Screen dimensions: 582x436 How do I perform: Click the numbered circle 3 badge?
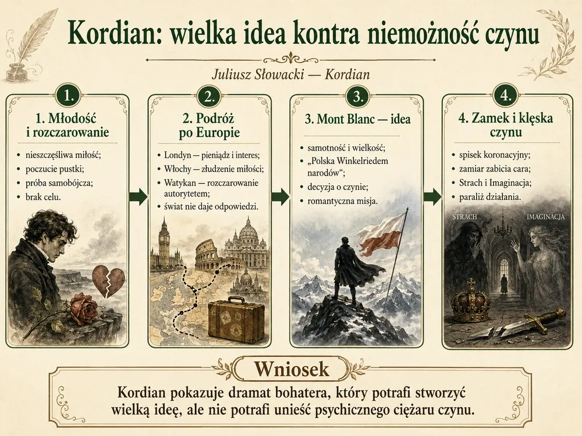[357, 97]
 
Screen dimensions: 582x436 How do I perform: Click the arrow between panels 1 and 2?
[139, 196]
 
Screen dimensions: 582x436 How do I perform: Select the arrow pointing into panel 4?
[432, 196]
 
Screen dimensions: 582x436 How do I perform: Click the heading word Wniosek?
[292, 369]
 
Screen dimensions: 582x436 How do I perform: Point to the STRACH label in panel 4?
[464, 216]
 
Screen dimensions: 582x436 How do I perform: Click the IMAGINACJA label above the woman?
[546, 216]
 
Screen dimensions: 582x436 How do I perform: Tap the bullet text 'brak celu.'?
[43, 197]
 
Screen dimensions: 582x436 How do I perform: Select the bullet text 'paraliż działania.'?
[490, 197]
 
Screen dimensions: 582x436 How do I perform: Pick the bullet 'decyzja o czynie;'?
[338, 187]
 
